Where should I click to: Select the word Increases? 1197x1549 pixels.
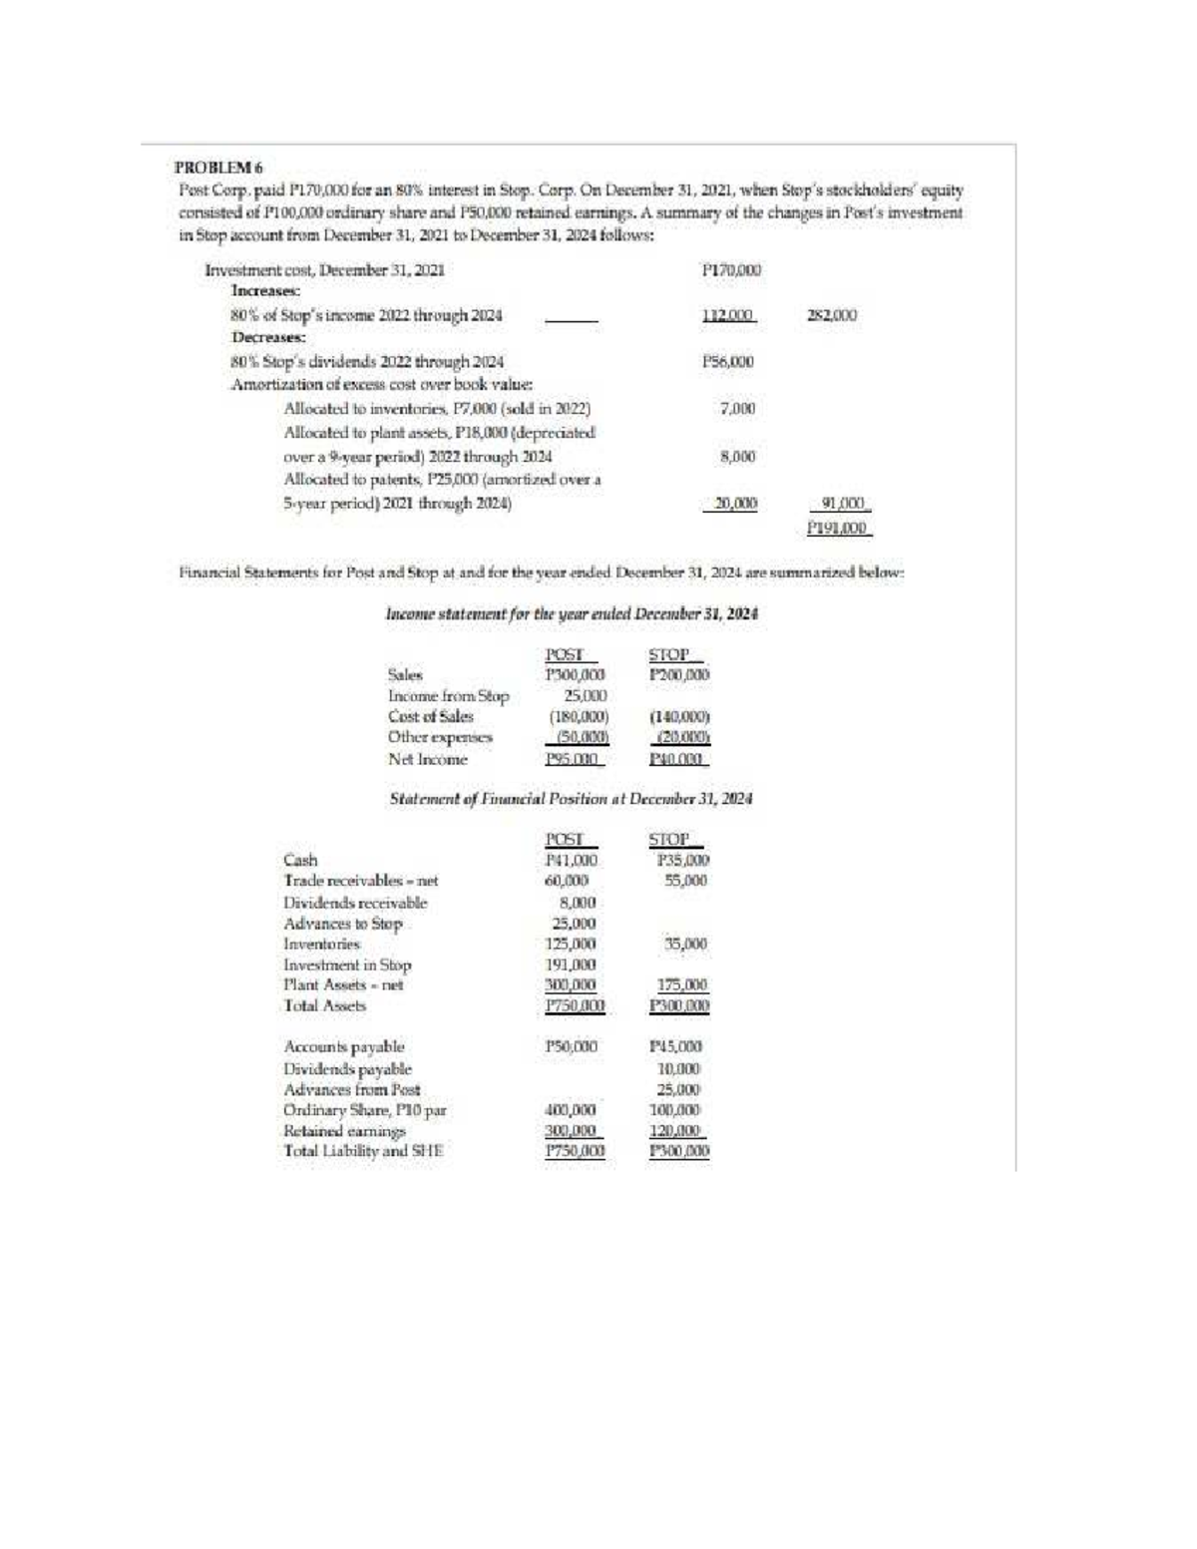266,291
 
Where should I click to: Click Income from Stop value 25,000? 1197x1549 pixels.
580,695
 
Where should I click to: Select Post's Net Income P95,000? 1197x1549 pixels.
572,759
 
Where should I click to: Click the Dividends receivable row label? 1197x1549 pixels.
355,903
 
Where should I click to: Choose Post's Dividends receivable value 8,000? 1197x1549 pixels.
578,903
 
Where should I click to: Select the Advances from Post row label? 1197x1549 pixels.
352,1089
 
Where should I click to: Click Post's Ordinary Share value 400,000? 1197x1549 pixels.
572,1109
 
